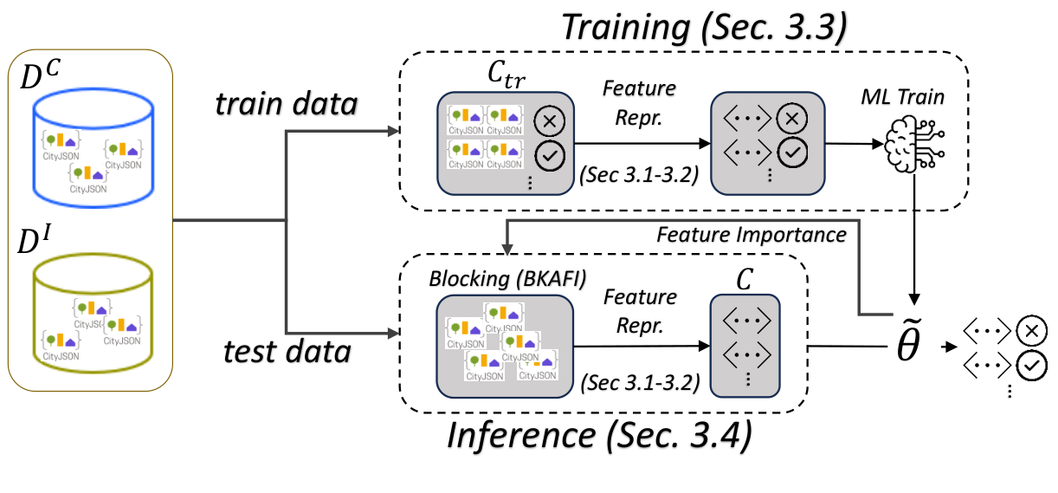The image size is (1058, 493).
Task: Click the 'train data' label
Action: coord(287,105)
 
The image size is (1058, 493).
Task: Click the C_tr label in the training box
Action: coord(506,81)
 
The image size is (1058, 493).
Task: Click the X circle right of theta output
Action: coord(1033,330)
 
